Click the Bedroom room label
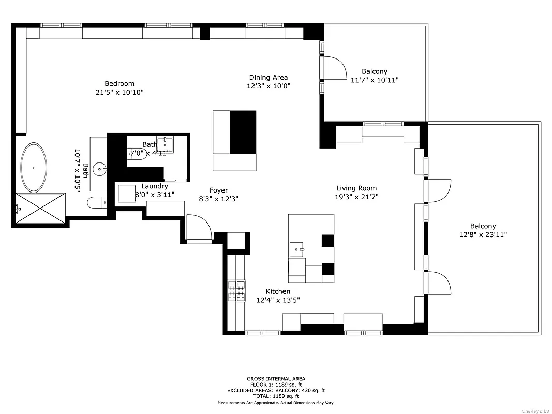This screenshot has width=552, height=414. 120,83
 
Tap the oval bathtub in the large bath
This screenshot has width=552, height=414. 34,167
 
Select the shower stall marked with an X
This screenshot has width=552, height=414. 40,208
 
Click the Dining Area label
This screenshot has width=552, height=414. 268,78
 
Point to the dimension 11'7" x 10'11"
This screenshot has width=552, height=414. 375,80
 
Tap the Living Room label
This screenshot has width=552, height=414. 356,188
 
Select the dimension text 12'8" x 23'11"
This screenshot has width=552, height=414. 483,234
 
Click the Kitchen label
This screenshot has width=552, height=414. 278,291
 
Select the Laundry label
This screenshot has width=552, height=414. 154,186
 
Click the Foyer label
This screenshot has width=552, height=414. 218,190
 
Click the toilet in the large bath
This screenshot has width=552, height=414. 96,202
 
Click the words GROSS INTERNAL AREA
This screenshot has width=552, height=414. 276,379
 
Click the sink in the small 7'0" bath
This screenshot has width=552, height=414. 165,142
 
